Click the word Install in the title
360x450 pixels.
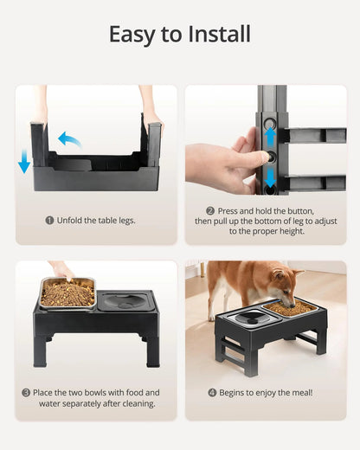(220, 35)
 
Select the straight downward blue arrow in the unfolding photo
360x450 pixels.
(23, 162)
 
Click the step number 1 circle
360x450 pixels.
(49, 220)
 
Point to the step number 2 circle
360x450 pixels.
(209, 210)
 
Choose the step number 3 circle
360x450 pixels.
(26, 392)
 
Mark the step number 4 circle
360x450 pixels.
(213, 392)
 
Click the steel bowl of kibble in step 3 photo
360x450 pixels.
(67, 293)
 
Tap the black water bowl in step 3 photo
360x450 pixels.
(125, 304)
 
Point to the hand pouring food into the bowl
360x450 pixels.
(61, 270)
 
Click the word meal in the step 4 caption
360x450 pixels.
(299, 392)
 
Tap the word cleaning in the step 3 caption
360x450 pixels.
(135, 403)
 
